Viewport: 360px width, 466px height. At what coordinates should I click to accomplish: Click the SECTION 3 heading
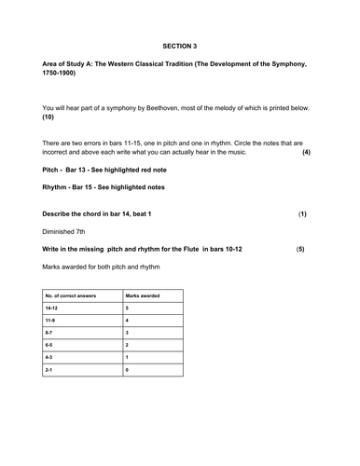point(180,45)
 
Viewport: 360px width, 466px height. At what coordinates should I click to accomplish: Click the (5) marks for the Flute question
point(300,250)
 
